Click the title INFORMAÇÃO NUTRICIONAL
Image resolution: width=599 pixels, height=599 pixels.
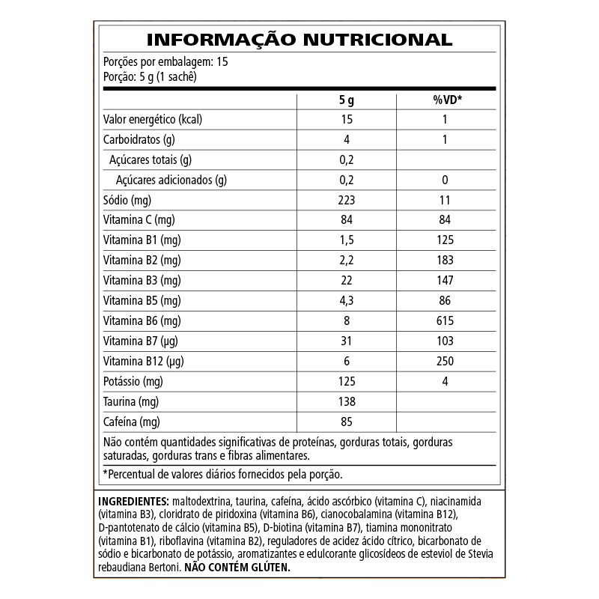[x=299, y=40]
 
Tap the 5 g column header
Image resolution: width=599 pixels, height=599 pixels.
[x=346, y=100]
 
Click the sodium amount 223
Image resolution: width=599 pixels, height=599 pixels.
[x=346, y=200]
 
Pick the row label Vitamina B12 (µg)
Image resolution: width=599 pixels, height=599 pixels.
[x=142, y=361]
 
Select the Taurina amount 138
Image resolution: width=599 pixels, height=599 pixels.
[x=346, y=401]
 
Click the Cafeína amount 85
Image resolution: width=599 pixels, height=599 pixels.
[x=346, y=422]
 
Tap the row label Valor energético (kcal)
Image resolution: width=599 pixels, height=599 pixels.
[x=153, y=120]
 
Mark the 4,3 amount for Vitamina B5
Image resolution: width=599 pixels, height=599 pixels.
[x=346, y=300]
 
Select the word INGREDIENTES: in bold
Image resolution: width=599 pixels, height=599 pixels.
[x=133, y=500]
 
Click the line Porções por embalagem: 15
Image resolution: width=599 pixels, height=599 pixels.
[x=165, y=61]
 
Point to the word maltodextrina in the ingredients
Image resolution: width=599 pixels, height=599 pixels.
[x=201, y=500]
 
